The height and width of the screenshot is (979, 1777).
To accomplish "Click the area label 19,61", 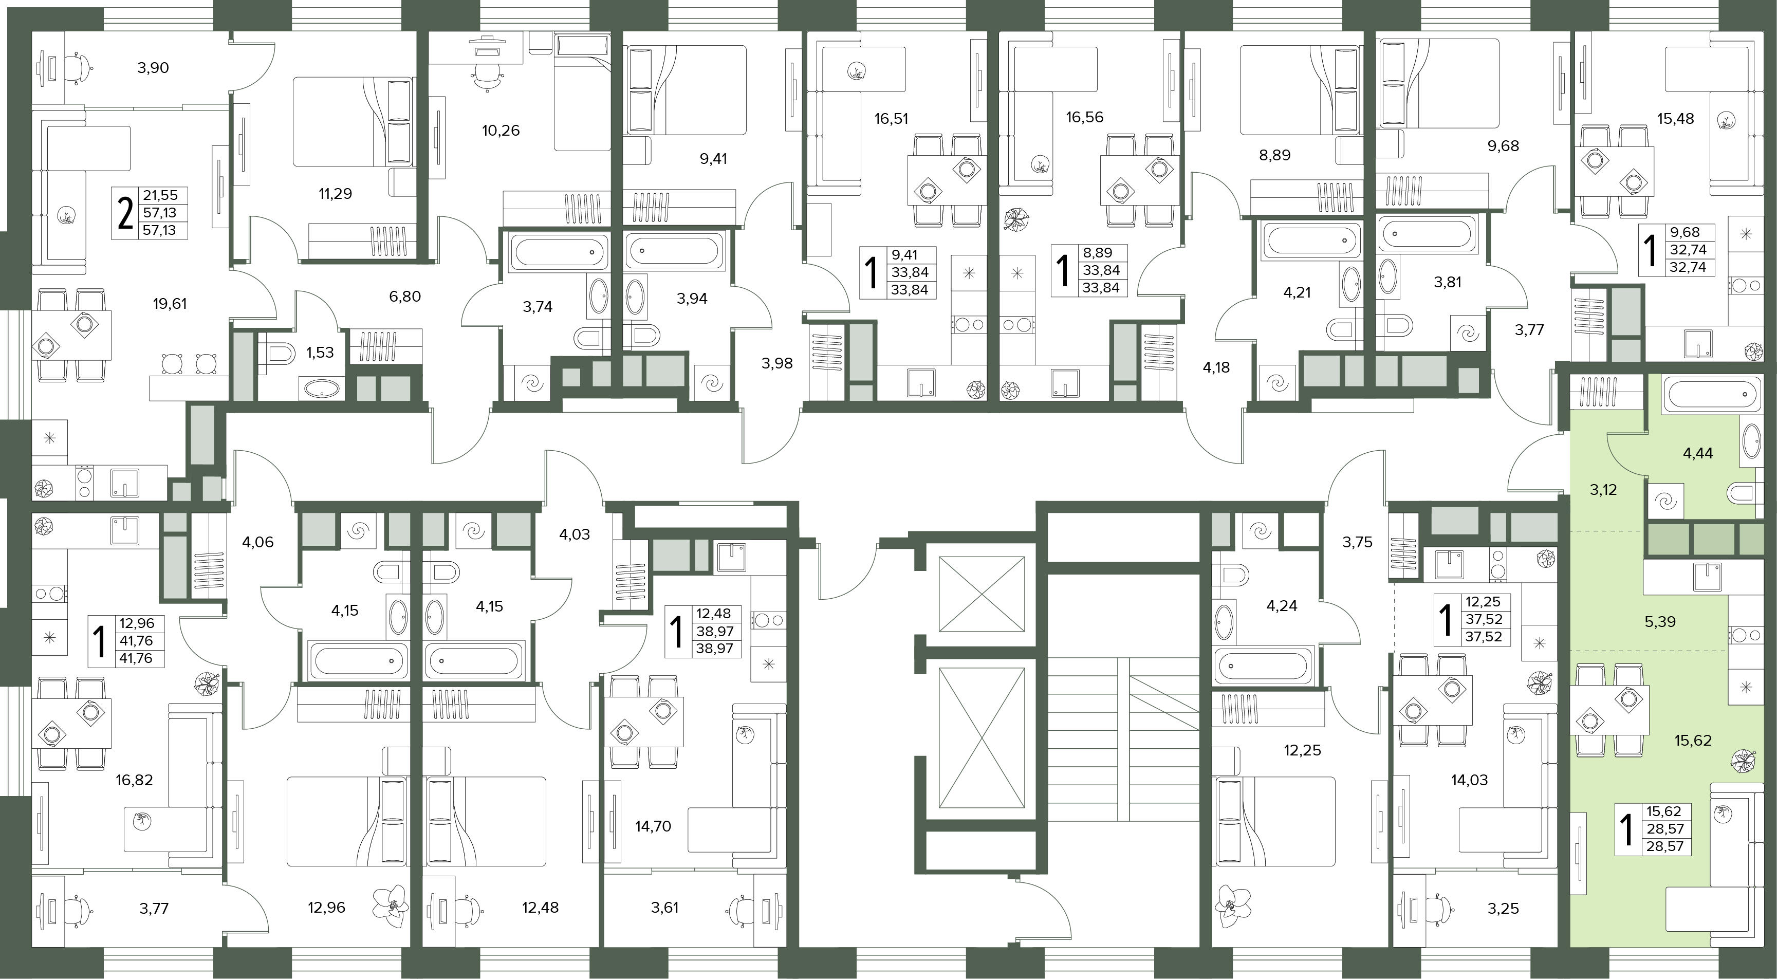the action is pos(170,304).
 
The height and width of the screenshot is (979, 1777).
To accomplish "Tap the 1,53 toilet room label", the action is pos(320,353).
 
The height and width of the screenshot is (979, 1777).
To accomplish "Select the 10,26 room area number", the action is pos(501,131).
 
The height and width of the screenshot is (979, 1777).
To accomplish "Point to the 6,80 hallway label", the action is pos(405,297).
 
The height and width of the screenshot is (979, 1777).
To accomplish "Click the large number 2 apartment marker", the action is pos(125,213).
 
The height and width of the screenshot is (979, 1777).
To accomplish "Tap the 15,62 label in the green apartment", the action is pos(1693,740).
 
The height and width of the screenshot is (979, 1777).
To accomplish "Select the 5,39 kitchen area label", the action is pos(1660,622).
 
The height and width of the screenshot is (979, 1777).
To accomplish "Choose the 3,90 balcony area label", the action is pos(153,68).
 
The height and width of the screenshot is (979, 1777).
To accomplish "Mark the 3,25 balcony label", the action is pos(1503,909).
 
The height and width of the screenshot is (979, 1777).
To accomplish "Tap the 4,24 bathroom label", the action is pos(1282,606).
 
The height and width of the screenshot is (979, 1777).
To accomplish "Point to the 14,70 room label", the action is pos(653,826).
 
